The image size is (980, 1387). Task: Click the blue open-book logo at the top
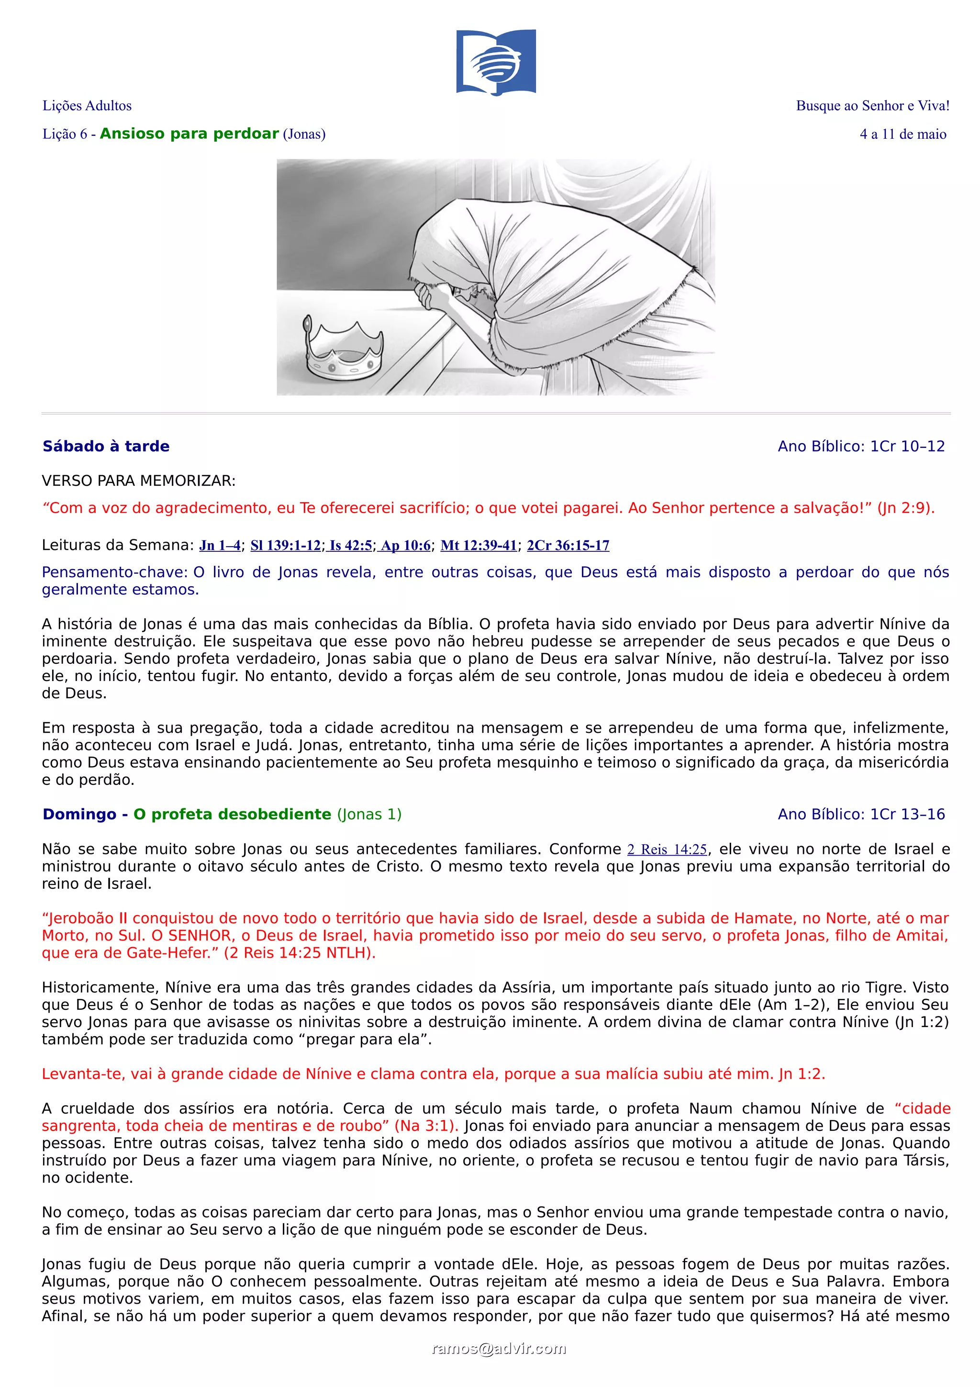[496, 62]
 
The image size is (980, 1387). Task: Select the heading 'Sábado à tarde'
[106, 447]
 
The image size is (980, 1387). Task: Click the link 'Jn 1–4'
[220, 546]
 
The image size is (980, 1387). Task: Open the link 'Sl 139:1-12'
[286, 546]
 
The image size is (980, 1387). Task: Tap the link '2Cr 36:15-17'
[568, 546]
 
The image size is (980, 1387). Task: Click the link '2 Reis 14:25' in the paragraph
[667, 850]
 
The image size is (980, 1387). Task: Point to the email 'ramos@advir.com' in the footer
[499, 1349]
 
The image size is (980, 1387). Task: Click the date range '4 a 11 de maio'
[902, 134]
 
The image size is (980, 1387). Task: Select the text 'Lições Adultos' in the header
[87, 106]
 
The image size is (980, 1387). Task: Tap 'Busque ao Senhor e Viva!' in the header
[872, 106]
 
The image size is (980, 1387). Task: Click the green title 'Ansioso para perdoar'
[189, 134]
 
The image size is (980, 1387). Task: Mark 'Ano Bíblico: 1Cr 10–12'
[861, 447]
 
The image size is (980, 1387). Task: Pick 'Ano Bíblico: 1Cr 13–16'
[861, 814]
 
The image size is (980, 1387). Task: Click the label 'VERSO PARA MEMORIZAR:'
[138, 481]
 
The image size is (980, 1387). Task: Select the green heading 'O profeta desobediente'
[233, 814]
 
